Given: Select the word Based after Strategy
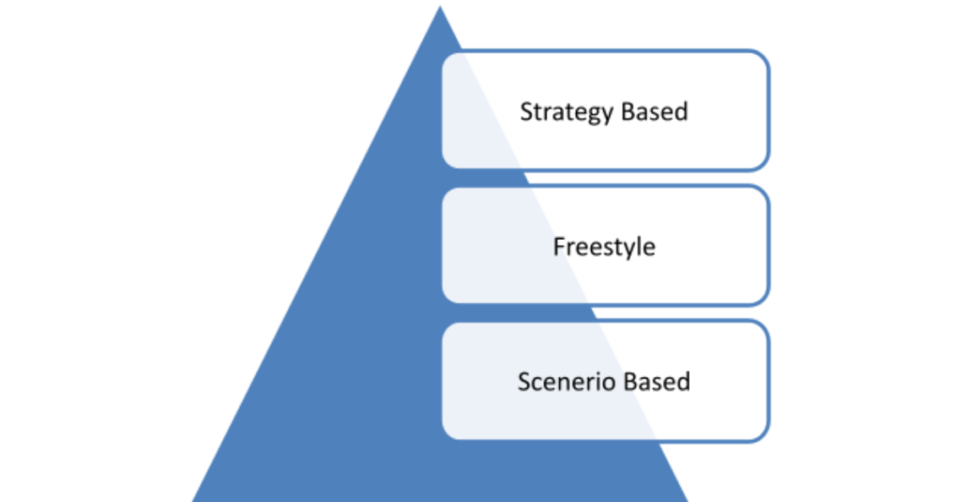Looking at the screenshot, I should tap(654, 111).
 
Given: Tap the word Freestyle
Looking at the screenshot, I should tap(604, 247).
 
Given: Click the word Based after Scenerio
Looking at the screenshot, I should tap(656, 382).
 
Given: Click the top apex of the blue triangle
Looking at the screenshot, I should tap(439, 7).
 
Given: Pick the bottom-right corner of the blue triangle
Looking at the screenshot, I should tap(686, 499).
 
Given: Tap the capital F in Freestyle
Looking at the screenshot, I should tap(558, 247).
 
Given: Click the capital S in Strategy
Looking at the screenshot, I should tap(526, 112).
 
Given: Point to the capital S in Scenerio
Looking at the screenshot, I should tap(524, 382).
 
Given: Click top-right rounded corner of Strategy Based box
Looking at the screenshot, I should tap(764, 57).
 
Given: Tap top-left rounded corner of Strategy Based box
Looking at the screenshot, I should tap(448, 57).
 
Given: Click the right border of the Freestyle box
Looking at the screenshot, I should tap(768, 245).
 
